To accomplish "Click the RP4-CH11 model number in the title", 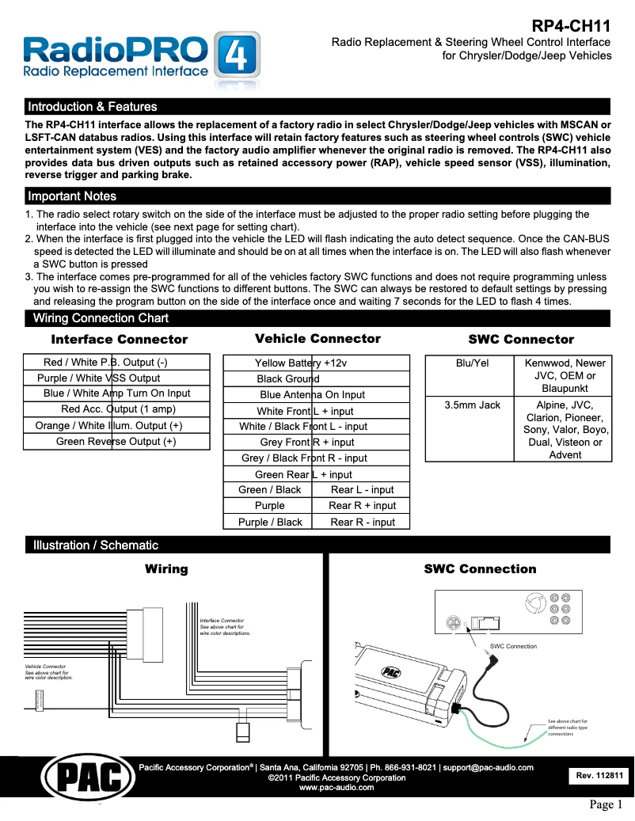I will (571, 25).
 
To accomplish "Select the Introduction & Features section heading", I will (93, 107).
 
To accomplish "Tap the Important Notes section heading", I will (72, 196).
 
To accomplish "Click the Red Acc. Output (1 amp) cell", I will (117, 409).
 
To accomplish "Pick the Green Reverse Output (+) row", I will (116, 442).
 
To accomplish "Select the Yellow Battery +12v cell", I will (301, 363).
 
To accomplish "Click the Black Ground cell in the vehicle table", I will (282, 379).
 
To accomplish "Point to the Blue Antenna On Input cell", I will (312, 395).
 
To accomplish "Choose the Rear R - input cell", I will (362, 522).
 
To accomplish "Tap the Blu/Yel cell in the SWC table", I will (472, 363).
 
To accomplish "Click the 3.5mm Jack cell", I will (472, 405).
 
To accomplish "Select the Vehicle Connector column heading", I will (317, 339).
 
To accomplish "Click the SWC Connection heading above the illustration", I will (480, 569).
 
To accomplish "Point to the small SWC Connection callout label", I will (513, 646).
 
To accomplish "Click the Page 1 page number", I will (606, 805).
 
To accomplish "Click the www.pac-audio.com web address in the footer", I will (336, 788).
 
